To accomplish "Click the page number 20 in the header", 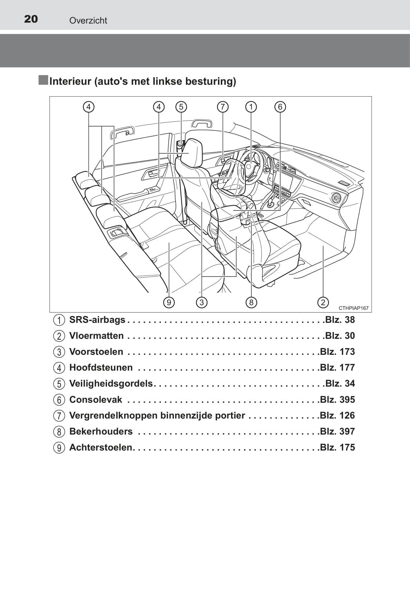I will click(31, 19).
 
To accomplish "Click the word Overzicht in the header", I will click(88, 20).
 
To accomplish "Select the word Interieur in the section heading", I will click(70, 81).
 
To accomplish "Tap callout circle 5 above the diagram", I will click(181, 107).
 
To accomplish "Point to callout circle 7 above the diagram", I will click(223, 107).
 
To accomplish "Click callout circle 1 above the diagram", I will click(251, 107).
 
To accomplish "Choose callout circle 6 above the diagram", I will click(280, 107).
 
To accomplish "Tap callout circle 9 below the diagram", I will click(169, 302).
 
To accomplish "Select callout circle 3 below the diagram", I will click(202, 302).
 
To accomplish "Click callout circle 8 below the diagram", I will click(251, 302).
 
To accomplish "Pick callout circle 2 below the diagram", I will click(323, 302).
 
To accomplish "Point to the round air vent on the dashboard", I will click(336, 198).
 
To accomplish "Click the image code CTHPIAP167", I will click(353, 308).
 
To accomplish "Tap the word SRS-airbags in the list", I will click(97, 320).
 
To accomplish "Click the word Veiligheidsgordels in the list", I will click(111, 384).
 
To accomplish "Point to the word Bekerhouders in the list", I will click(101, 431).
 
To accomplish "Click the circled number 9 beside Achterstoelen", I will click(59, 448).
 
